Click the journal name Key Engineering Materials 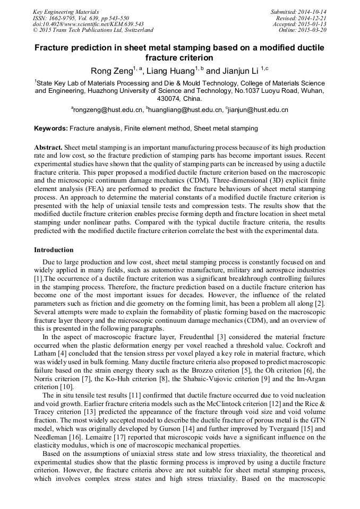coord(66,11)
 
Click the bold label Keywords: coord(51,128)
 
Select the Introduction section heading coord(54,249)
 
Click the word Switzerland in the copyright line coord(133,30)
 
